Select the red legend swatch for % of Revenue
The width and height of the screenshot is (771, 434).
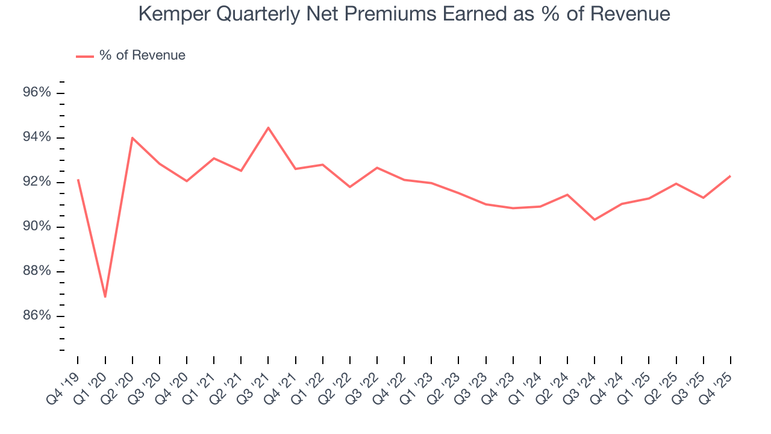84,56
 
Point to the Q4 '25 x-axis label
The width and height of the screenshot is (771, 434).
717,380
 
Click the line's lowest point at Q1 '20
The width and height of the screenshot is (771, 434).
105,297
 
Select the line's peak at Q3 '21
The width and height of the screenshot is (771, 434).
268,128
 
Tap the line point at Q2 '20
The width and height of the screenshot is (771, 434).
133,138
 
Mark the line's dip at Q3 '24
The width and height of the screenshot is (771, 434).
595,219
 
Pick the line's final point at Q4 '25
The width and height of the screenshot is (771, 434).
731,176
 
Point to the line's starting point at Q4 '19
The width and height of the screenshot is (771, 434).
78,180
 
